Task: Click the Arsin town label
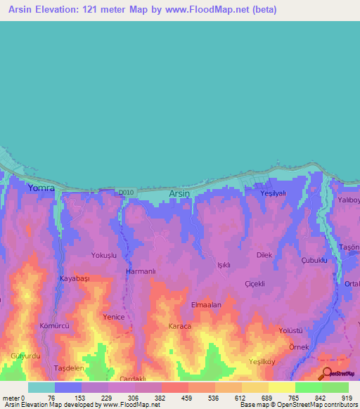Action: [180, 194]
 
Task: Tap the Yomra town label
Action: [40, 188]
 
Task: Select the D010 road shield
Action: [126, 192]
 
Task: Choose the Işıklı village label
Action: [224, 264]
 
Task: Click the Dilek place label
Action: [264, 255]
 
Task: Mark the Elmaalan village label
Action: [207, 305]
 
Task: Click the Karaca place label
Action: [180, 327]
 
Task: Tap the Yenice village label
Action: [114, 318]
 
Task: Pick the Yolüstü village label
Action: [290, 330]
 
